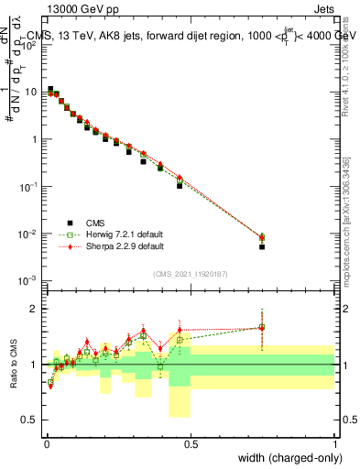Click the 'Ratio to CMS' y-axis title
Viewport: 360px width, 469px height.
click(15, 365)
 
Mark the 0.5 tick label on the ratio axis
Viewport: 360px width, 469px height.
click(32, 420)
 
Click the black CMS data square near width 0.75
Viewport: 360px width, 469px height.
click(262, 247)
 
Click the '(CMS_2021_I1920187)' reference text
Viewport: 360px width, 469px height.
click(190, 273)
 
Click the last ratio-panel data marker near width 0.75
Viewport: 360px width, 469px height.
click(262, 327)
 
